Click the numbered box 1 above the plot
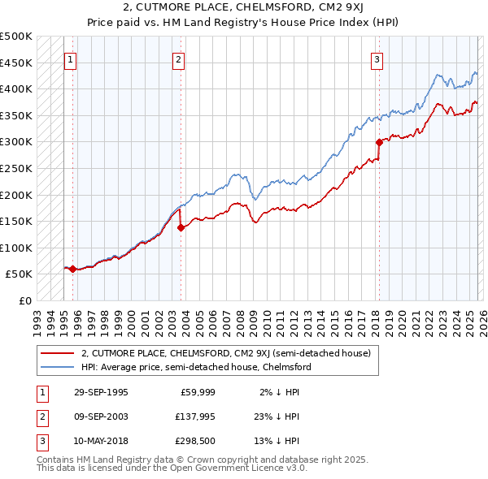(70, 59)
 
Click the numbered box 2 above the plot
(178, 59)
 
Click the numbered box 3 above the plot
(377, 59)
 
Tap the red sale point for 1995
(73, 269)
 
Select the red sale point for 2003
(181, 227)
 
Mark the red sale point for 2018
(379, 142)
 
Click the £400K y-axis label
(16, 88)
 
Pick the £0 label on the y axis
(24, 300)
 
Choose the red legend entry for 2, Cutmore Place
(225, 353)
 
